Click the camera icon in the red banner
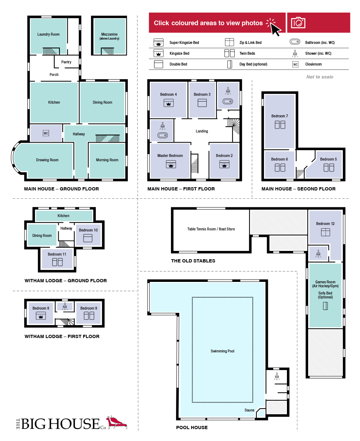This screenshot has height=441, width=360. pos(298,23)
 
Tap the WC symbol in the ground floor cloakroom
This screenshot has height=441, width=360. pos(46,133)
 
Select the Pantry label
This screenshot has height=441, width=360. pos(66,62)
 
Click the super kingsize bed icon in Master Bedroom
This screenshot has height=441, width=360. pos(171,164)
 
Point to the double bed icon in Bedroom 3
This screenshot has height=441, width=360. pos(202,103)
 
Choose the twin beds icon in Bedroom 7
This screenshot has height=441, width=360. pos(280,125)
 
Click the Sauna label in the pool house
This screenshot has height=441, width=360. pos(249,410)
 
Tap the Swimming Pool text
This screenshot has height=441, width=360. pos(222,351)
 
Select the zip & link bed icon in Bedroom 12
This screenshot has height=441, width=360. pos(325,232)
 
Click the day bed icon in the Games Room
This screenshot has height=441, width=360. pos(325,306)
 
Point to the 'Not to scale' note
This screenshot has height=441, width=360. pos(320,77)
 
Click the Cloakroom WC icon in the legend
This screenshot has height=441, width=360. pos(295,64)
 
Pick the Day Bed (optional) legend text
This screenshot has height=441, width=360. pos(253,64)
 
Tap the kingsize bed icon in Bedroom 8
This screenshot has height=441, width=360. pos(41,316)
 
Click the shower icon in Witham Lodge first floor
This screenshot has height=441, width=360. pos(65,306)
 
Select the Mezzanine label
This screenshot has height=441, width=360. pos(109,34)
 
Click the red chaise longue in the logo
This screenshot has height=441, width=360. pos(116,422)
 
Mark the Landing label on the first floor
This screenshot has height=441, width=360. pos(202,131)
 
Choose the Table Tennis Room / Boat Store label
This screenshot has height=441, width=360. pos(211,229)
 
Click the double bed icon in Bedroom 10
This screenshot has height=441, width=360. pos(88,238)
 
